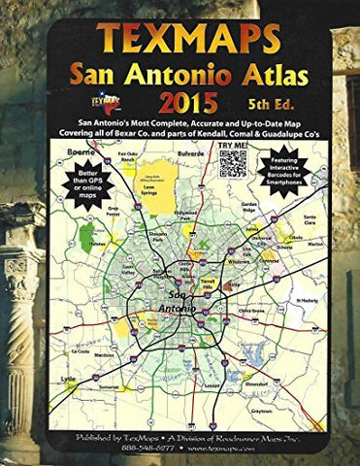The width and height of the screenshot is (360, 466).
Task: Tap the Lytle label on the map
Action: click(65, 380)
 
